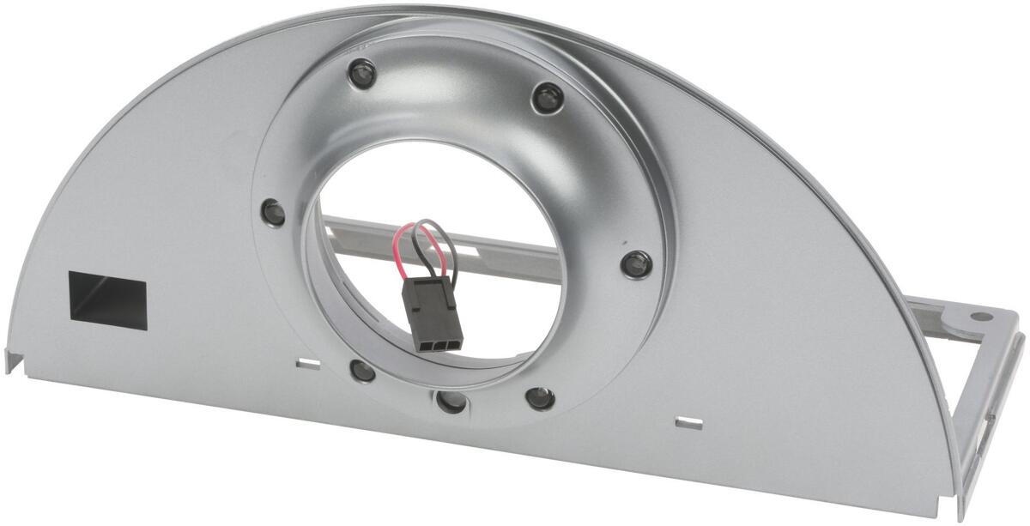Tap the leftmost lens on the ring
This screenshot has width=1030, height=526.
274,211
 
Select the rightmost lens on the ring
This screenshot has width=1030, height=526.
636,264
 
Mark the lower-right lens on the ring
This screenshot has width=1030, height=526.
539,397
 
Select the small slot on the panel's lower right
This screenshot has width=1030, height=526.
688,422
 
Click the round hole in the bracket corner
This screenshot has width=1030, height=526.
978,317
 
